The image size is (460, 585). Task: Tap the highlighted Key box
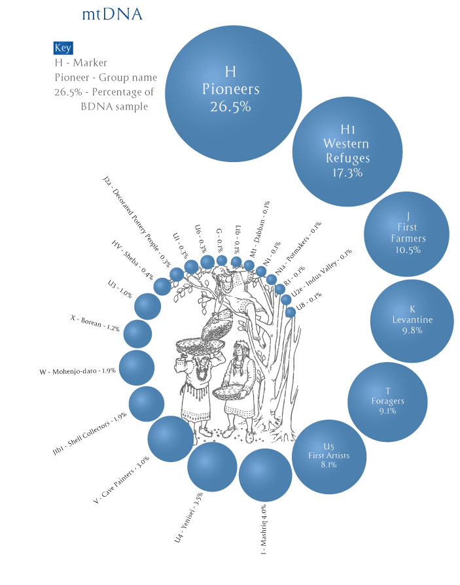(x=63, y=48)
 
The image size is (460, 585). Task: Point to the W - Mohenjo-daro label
(x=79, y=371)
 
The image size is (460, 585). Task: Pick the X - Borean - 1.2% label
(x=95, y=324)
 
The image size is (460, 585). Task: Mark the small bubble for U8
(x=291, y=312)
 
